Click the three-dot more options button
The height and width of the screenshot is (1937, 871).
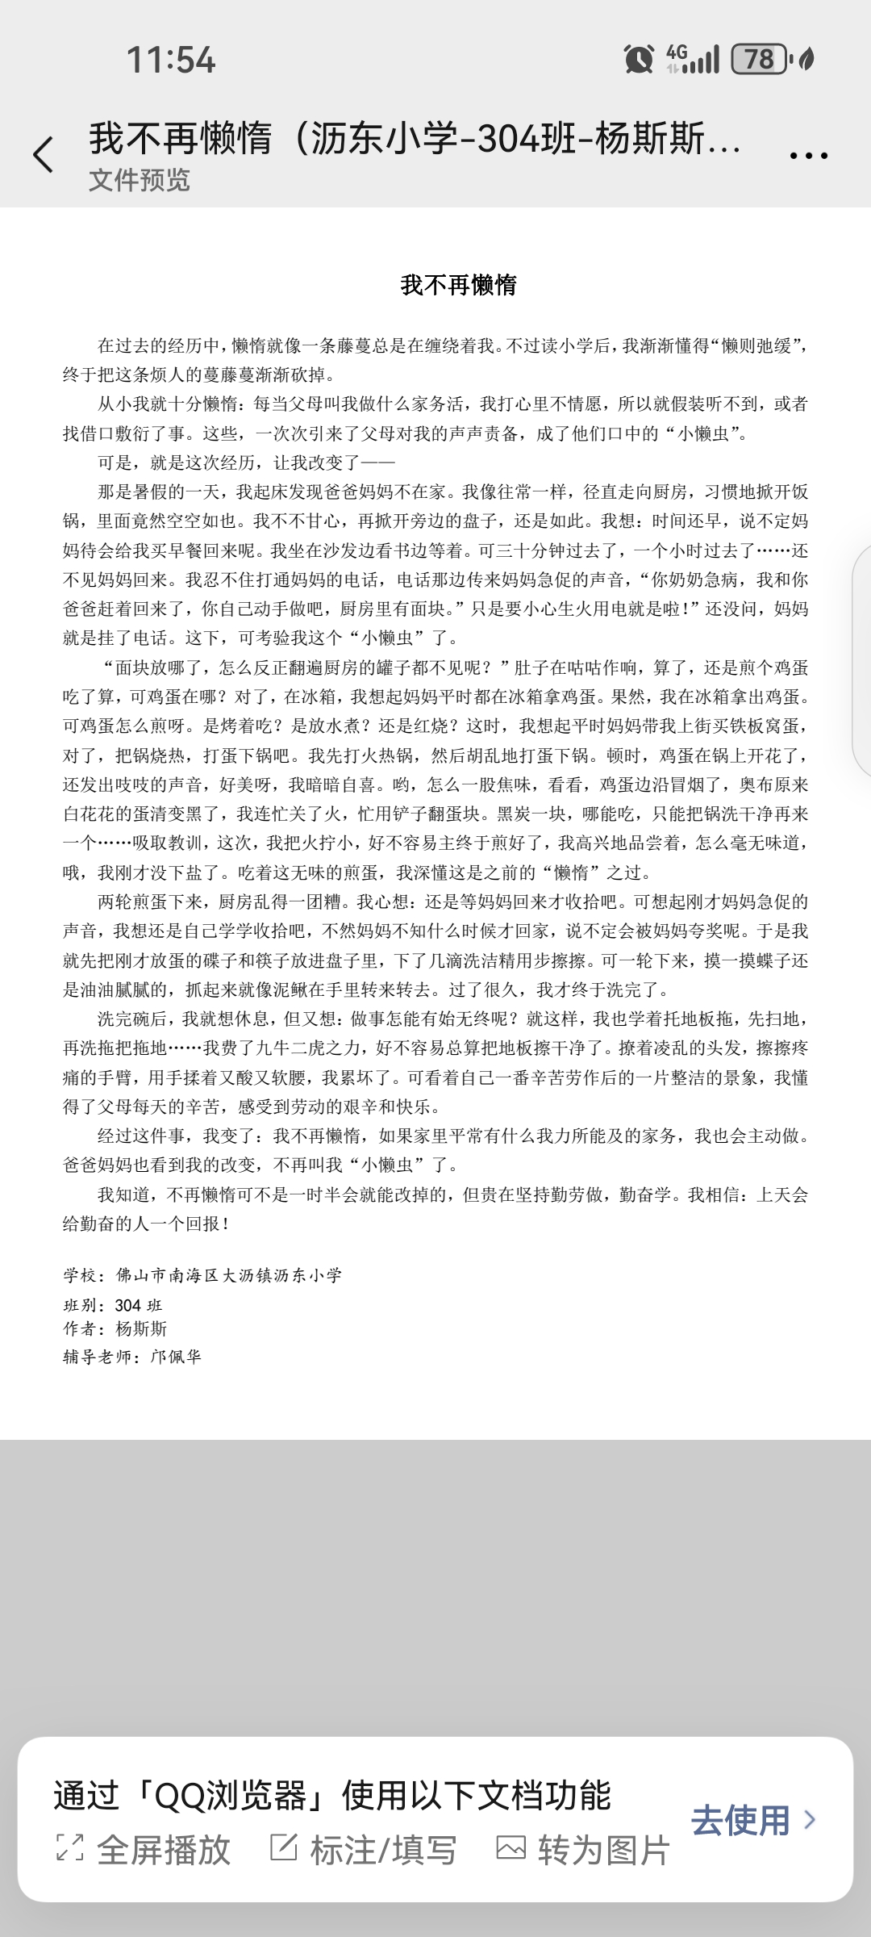coord(809,156)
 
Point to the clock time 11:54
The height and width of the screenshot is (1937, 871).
coord(171,60)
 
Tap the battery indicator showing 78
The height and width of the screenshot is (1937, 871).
coord(758,59)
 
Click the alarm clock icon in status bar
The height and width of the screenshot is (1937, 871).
coord(639,59)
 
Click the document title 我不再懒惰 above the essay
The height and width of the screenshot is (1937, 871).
coord(458,285)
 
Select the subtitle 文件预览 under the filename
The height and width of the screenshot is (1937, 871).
coord(139,180)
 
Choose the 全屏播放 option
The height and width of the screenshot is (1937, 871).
coord(145,1850)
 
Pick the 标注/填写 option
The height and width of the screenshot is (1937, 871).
coord(364,1850)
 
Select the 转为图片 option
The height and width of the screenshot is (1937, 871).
coord(583,1850)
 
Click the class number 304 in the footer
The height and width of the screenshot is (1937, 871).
coord(128,1305)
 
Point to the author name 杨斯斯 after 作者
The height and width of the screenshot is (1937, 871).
coord(141,1328)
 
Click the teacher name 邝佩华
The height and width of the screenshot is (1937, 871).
coord(176,1357)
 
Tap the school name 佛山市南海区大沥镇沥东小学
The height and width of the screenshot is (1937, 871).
coord(229,1275)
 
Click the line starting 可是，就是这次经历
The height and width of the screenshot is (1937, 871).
coord(246,462)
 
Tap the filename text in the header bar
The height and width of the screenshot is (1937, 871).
coord(415,138)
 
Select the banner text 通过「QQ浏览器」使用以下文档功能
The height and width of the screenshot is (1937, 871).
coord(332,1796)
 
